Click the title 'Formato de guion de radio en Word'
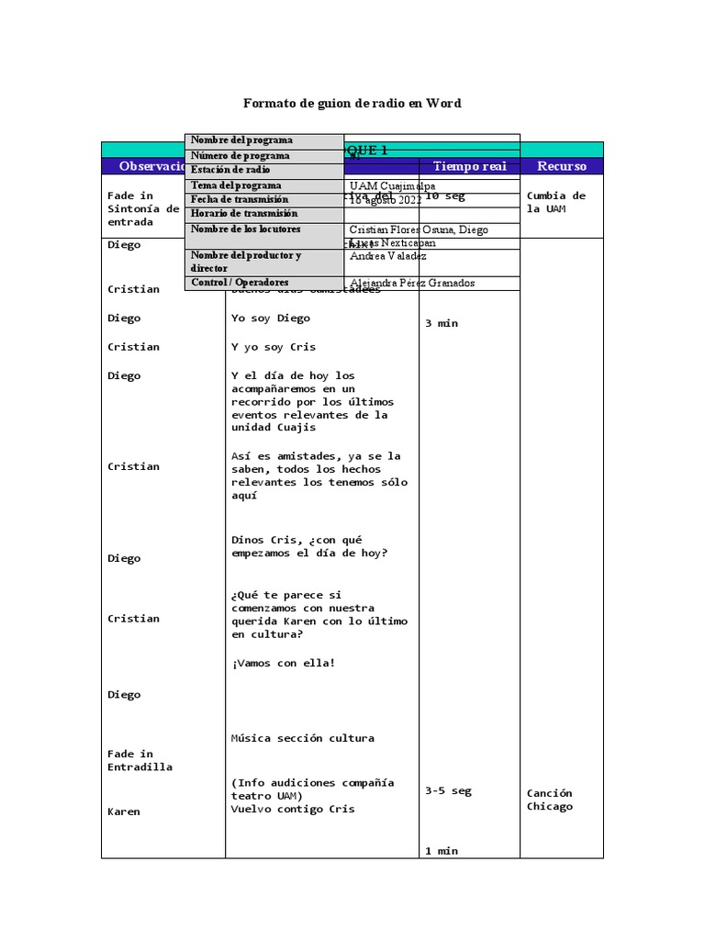tap(352, 103)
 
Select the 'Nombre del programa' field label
tap(241, 140)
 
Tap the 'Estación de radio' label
tap(230, 170)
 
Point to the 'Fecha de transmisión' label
tap(239, 199)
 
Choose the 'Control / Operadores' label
tap(239, 283)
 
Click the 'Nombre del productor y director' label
tap(245, 262)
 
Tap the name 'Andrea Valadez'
tap(388, 257)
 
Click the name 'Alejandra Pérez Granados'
tap(412, 284)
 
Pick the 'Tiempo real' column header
tap(469, 166)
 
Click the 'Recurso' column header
tap(561, 166)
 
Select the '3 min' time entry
tap(441, 323)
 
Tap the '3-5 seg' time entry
tap(448, 790)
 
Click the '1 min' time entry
tap(441, 851)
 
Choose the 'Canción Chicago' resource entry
tap(550, 800)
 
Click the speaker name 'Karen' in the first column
tap(124, 811)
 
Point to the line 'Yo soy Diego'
tap(271, 319)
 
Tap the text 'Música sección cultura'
tap(303, 738)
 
